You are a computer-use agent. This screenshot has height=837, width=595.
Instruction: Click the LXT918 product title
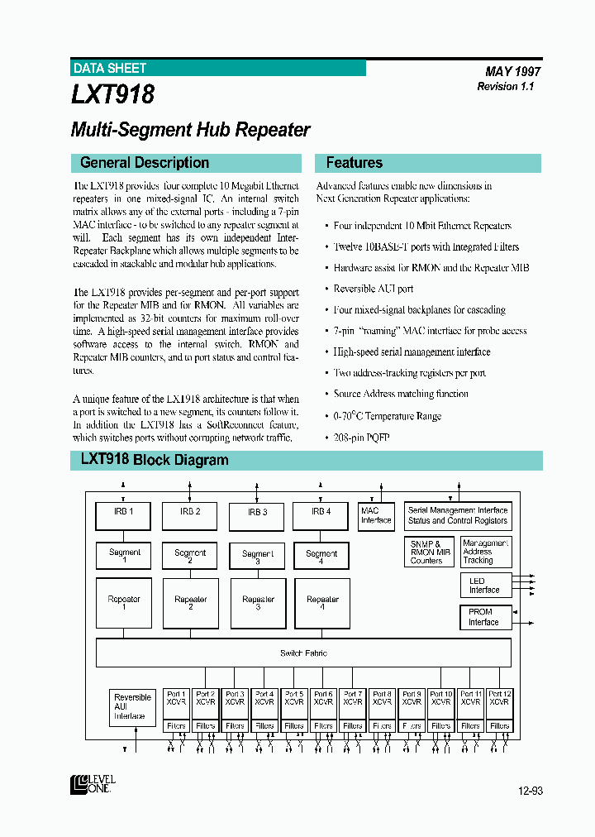point(112,95)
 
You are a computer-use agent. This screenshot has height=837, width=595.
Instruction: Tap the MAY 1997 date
point(512,72)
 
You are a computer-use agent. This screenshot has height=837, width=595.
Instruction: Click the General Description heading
point(145,163)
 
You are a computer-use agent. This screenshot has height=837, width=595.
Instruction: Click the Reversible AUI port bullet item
point(373,289)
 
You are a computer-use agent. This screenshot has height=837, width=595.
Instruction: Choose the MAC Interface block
point(376,516)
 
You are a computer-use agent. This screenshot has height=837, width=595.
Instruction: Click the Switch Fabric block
point(303,653)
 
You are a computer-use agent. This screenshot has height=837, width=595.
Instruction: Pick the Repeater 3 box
point(258,603)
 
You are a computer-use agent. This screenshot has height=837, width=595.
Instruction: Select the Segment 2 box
point(190,557)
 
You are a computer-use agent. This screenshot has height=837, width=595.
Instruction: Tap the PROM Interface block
point(484,618)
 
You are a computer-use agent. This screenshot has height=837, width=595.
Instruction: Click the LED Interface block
point(484,586)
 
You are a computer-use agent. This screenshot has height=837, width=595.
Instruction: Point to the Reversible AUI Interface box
point(132,707)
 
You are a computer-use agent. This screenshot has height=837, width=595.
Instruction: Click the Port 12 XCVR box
point(499,698)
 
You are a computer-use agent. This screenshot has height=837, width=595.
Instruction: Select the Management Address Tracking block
point(485,552)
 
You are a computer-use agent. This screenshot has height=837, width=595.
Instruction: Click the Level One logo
point(93,784)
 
